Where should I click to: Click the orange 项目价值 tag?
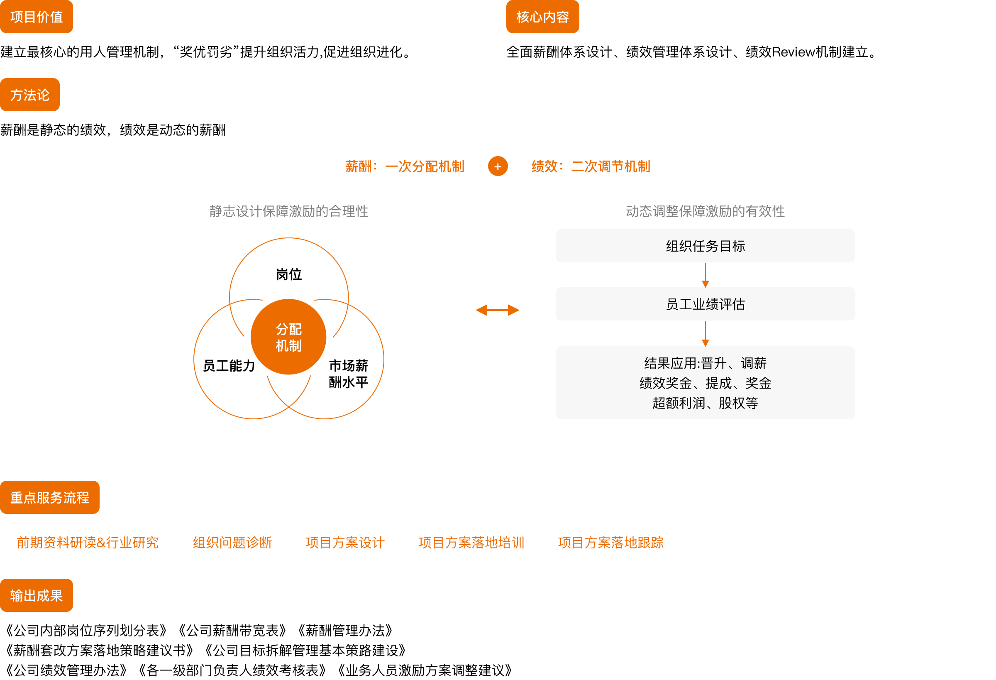37,17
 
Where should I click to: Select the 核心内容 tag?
542,17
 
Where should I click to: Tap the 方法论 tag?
29,95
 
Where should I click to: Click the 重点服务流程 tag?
50,497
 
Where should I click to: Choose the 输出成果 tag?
37,596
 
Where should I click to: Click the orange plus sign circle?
498,166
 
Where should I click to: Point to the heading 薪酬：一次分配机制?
405,166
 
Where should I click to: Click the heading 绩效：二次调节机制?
591,166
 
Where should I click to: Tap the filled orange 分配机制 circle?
288,337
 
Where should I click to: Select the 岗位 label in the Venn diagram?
289,274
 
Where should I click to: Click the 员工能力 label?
229,366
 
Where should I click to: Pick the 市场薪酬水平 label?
349,374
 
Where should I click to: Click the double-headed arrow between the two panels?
498,310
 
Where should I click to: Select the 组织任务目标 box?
705,246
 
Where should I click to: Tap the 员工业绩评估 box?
705,304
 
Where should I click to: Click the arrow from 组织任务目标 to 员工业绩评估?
705,275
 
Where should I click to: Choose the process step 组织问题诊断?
232,542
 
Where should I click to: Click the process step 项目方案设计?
345,542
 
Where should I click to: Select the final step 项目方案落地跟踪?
611,542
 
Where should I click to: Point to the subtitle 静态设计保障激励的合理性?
289,211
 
